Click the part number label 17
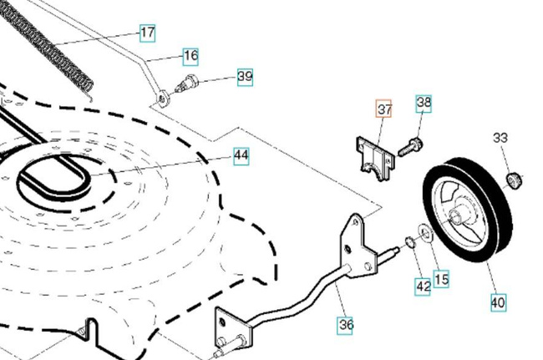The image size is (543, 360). [147, 34]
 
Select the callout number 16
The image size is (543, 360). [190, 56]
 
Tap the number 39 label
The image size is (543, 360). [244, 77]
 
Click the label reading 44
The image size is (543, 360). [241, 155]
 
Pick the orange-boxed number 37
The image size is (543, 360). [383, 110]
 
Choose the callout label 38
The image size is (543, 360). [424, 104]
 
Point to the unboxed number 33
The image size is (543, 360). [500, 138]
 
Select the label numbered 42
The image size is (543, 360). [424, 286]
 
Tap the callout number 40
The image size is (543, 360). [498, 302]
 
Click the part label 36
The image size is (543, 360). [345, 325]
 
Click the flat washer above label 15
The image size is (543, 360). [425, 233]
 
